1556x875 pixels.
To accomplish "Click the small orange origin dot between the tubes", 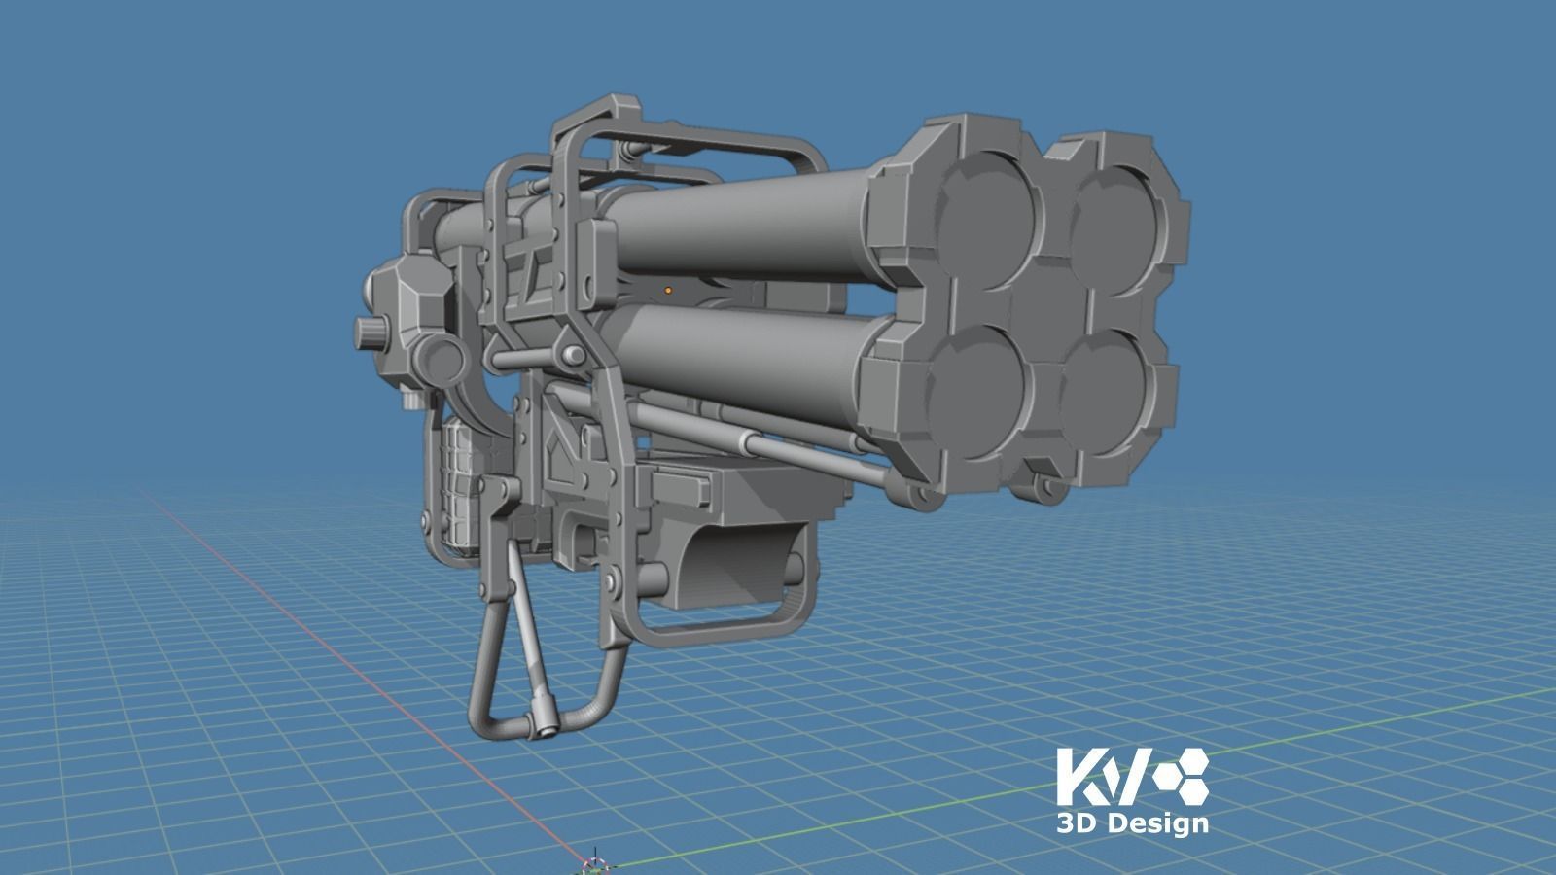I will (668, 290).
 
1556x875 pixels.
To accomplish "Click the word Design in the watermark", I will (1158, 823).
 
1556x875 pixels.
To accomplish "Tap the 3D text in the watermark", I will (1077, 823).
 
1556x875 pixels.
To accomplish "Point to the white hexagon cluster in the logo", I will (1179, 775).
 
